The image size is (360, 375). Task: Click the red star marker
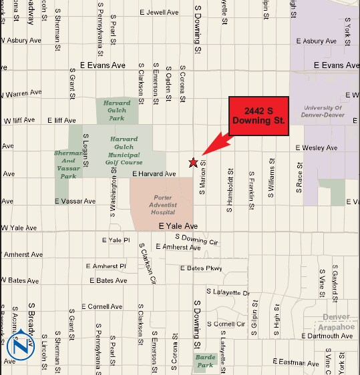tap(193, 162)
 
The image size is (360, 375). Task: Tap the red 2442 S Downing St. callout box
tap(258, 116)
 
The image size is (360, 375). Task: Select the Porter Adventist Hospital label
tap(162, 205)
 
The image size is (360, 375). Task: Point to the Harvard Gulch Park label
tap(117, 110)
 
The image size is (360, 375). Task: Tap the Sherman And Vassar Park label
tap(67, 165)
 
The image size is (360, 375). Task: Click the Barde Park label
tap(204, 361)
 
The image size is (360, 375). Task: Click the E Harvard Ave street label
tap(154, 174)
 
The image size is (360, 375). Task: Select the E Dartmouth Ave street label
tap(329, 336)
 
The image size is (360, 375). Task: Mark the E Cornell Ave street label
tap(103, 306)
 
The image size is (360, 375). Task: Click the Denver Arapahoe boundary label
tap(336, 322)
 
